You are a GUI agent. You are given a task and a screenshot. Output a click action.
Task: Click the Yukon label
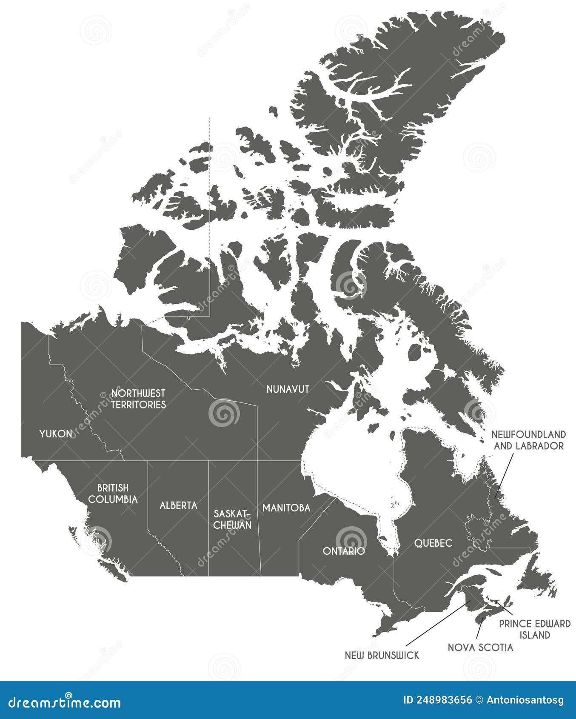point(56,434)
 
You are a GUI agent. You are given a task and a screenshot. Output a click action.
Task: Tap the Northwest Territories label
point(138,399)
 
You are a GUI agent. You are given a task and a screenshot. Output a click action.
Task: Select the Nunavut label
point(288,389)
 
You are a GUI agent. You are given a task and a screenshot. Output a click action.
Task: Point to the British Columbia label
point(113,494)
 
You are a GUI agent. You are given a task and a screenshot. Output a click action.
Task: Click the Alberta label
point(178,505)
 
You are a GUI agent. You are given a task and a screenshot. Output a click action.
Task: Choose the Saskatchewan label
point(232,519)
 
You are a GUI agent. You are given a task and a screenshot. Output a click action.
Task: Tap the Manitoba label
point(286,508)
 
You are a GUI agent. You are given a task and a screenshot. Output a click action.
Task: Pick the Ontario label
point(344,551)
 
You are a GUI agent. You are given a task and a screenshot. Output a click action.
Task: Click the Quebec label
point(433,543)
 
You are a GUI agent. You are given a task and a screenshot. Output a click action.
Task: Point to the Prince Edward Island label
point(534,629)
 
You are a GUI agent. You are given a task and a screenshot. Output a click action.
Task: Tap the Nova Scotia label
point(480,648)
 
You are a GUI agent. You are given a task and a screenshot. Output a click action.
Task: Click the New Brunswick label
point(382,655)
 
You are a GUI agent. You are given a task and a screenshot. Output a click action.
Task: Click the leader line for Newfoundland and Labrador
point(505,476)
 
